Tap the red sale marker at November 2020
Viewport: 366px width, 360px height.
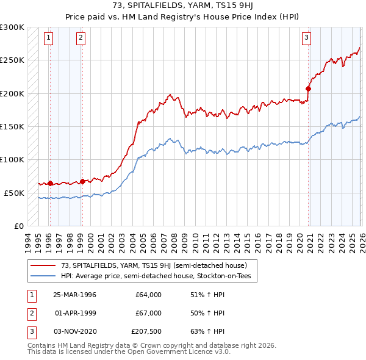click(x=309, y=88)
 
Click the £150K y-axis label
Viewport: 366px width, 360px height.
click(x=12, y=126)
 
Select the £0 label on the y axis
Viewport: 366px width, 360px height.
click(x=18, y=226)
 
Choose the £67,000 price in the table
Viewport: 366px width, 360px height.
click(x=148, y=313)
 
